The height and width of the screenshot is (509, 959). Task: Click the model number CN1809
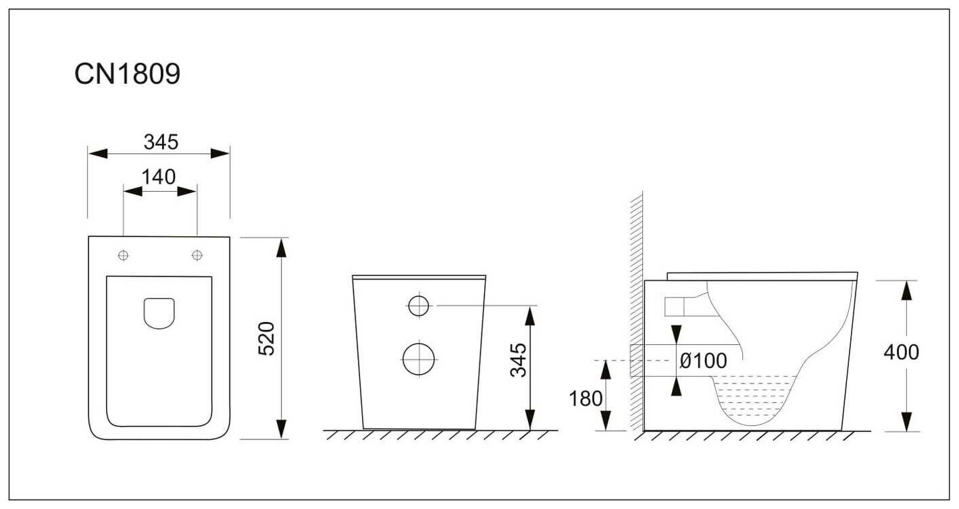[x=127, y=75]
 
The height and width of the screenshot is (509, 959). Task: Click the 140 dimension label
[x=159, y=177]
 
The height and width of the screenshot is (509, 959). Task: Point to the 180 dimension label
[x=586, y=398]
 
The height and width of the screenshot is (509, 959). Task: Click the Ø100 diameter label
[x=703, y=361]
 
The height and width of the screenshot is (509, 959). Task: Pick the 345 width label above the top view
[x=160, y=142]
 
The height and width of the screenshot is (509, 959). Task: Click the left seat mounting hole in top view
[x=124, y=255]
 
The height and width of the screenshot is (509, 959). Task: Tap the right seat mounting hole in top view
[x=197, y=255]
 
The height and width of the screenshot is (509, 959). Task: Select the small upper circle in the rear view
[x=419, y=306]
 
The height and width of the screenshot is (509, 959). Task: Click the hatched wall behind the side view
[x=636, y=311]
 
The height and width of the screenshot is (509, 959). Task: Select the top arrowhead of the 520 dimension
[x=281, y=246]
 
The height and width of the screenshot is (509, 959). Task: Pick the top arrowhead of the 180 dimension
[x=606, y=368]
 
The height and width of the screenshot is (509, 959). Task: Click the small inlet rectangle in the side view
[x=675, y=306]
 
